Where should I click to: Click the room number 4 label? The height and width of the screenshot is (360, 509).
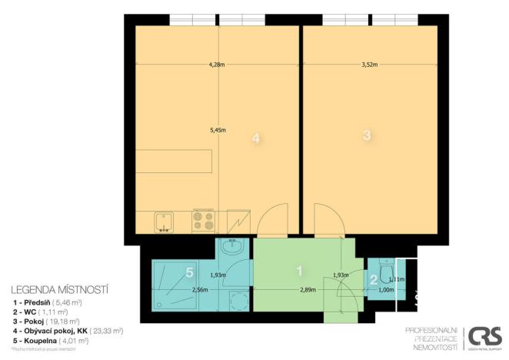tap(257, 138)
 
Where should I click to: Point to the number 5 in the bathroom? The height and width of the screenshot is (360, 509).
tap(190, 272)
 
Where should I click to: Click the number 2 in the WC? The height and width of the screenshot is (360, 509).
tap(374, 280)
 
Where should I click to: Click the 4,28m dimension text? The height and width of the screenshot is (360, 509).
tap(217, 65)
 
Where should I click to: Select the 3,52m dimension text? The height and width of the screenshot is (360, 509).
tap(371, 65)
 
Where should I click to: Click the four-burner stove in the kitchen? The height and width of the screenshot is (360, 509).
tap(203, 222)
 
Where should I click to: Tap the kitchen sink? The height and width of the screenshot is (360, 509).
tap(165, 222)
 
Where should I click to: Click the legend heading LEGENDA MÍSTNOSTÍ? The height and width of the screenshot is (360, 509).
tap(60, 291)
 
